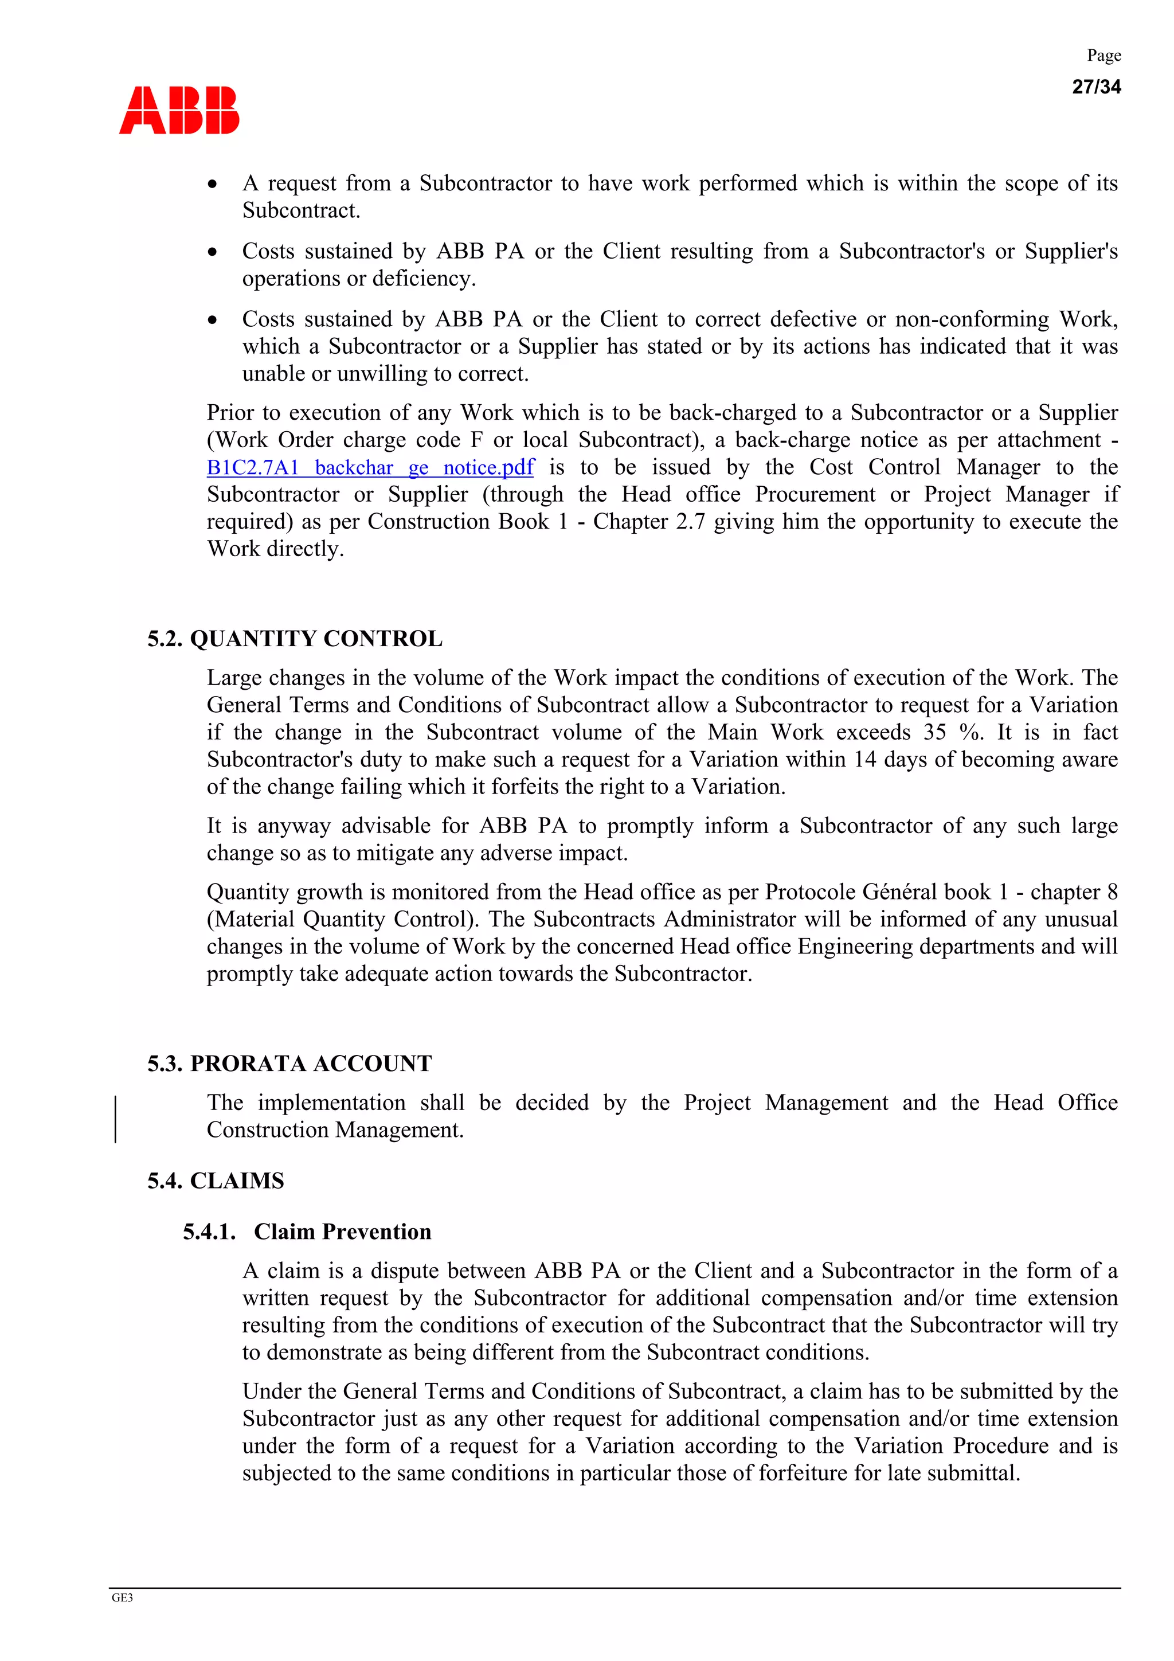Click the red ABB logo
tap(179, 110)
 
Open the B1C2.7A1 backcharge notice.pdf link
tap(370, 467)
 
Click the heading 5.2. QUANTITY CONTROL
tap(295, 639)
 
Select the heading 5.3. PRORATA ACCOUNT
tap(289, 1064)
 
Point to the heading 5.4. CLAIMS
tap(216, 1181)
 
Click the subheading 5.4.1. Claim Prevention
tap(307, 1232)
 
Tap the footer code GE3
tap(122, 1597)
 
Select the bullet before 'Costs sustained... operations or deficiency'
tap(212, 252)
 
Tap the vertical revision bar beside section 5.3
tap(116, 1119)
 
